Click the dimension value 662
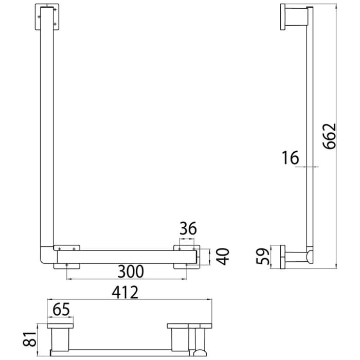coord(330,136)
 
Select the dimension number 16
coord(291,158)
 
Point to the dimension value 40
coord(222,256)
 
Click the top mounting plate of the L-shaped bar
coord(47,16)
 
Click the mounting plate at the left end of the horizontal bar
coord(66,256)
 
